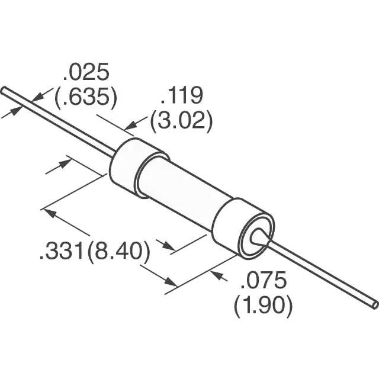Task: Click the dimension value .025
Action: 86,72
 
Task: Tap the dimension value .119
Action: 182,95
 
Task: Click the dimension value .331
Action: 62,251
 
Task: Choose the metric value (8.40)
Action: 118,251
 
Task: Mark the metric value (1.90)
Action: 264,305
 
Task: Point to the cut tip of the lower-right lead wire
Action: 375,305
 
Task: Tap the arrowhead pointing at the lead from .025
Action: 38,97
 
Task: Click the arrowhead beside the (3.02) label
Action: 131,125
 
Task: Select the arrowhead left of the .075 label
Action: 216,275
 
